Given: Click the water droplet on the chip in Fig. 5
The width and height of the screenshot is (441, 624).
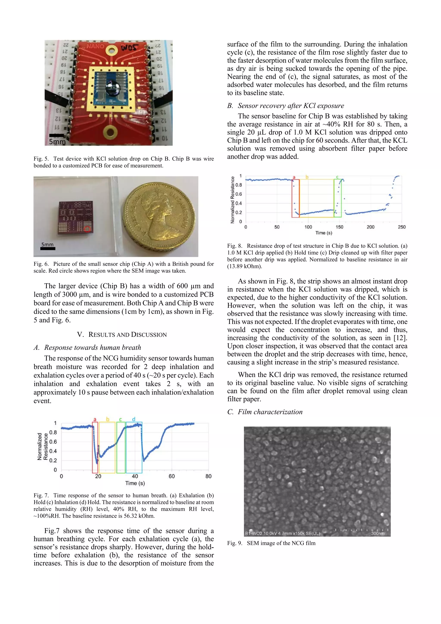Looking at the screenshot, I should pyautogui.click(x=111, y=87).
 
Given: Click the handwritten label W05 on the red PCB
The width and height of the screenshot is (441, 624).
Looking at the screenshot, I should pyautogui.click(x=130, y=48).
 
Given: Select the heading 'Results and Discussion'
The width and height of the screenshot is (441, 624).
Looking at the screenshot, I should pyautogui.click(x=122, y=335).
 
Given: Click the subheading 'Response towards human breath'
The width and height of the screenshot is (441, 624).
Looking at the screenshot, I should pyautogui.click(x=93, y=347).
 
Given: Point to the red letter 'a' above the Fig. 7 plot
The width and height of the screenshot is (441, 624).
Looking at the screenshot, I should pyautogui.click(x=95, y=419).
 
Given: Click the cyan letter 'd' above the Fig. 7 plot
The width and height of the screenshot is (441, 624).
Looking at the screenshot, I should pyautogui.click(x=134, y=419).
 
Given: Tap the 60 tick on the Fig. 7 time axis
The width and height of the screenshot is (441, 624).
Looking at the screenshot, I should pyautogui.click(x=172, y=476).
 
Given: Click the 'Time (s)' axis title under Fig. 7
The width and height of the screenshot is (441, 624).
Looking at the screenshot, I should pyautogui.click(x=135, y=483).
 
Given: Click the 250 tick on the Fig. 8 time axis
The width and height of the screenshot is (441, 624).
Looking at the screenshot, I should pyautogui.click(x=402, y=227).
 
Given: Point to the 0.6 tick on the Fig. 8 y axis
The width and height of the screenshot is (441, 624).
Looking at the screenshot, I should pyautogui.click(x=239, y=194).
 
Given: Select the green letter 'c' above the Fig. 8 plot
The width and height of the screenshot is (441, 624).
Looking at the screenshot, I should pyautogui.click(x=337, y=177).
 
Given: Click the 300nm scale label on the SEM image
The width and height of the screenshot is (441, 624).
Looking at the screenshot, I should pyautogui.click(x=378, y=534).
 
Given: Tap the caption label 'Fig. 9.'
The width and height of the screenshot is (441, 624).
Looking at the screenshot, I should pyautogui.click(x=235, y=543).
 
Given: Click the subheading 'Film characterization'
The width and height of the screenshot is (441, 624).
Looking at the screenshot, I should pyautogui.click(x=270, y=412).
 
